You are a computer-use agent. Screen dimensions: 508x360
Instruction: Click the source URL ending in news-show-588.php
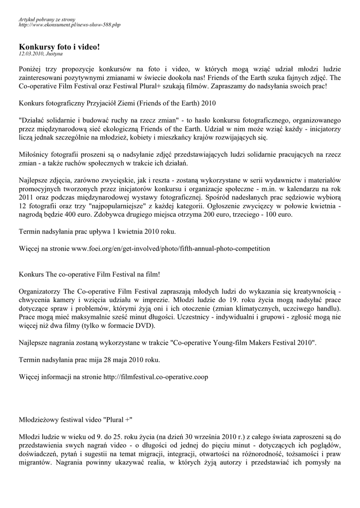69,24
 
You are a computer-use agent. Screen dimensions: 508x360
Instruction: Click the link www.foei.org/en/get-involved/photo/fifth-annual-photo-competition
170,248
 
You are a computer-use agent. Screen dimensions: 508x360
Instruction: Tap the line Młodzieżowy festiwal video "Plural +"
75,419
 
